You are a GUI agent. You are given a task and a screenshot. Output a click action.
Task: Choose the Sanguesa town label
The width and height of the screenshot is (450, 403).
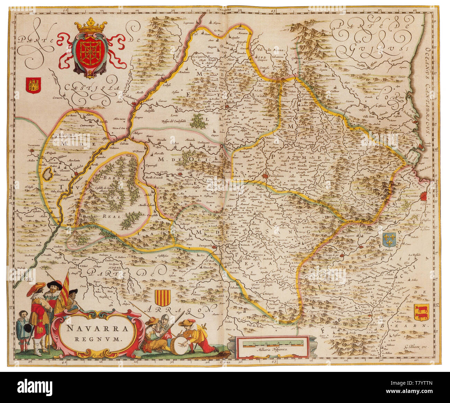[x=206, y=246]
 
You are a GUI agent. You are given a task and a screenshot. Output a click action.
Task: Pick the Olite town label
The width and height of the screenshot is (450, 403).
[x=180, y=170]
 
